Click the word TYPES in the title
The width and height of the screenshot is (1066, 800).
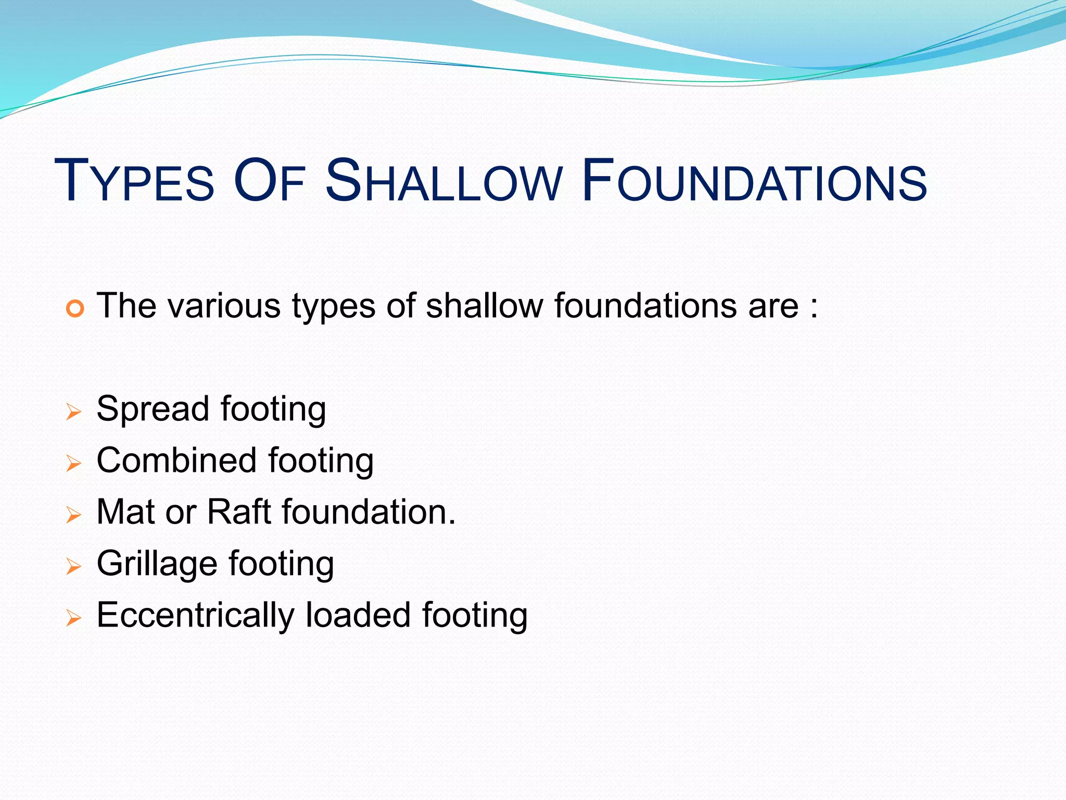[x=134, y=181]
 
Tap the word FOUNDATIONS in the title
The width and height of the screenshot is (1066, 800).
[x=755, y=181]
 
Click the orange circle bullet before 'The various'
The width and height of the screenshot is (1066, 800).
[x=75, y=309]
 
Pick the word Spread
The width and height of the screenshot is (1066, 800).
[x=153, y=409]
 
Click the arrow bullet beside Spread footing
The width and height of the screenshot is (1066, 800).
[x=74, y=413]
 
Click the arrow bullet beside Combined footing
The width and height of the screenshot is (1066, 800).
[x=74, y=463]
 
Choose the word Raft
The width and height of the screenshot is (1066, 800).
[x=239, y=511]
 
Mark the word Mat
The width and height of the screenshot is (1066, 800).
[x=126, y=511]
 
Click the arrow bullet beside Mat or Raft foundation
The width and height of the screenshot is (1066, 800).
[x=74, y=515]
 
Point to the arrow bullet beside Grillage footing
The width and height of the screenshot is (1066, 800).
[x=74, y=566]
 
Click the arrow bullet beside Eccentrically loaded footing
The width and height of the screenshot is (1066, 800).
[x=74, y=618]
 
